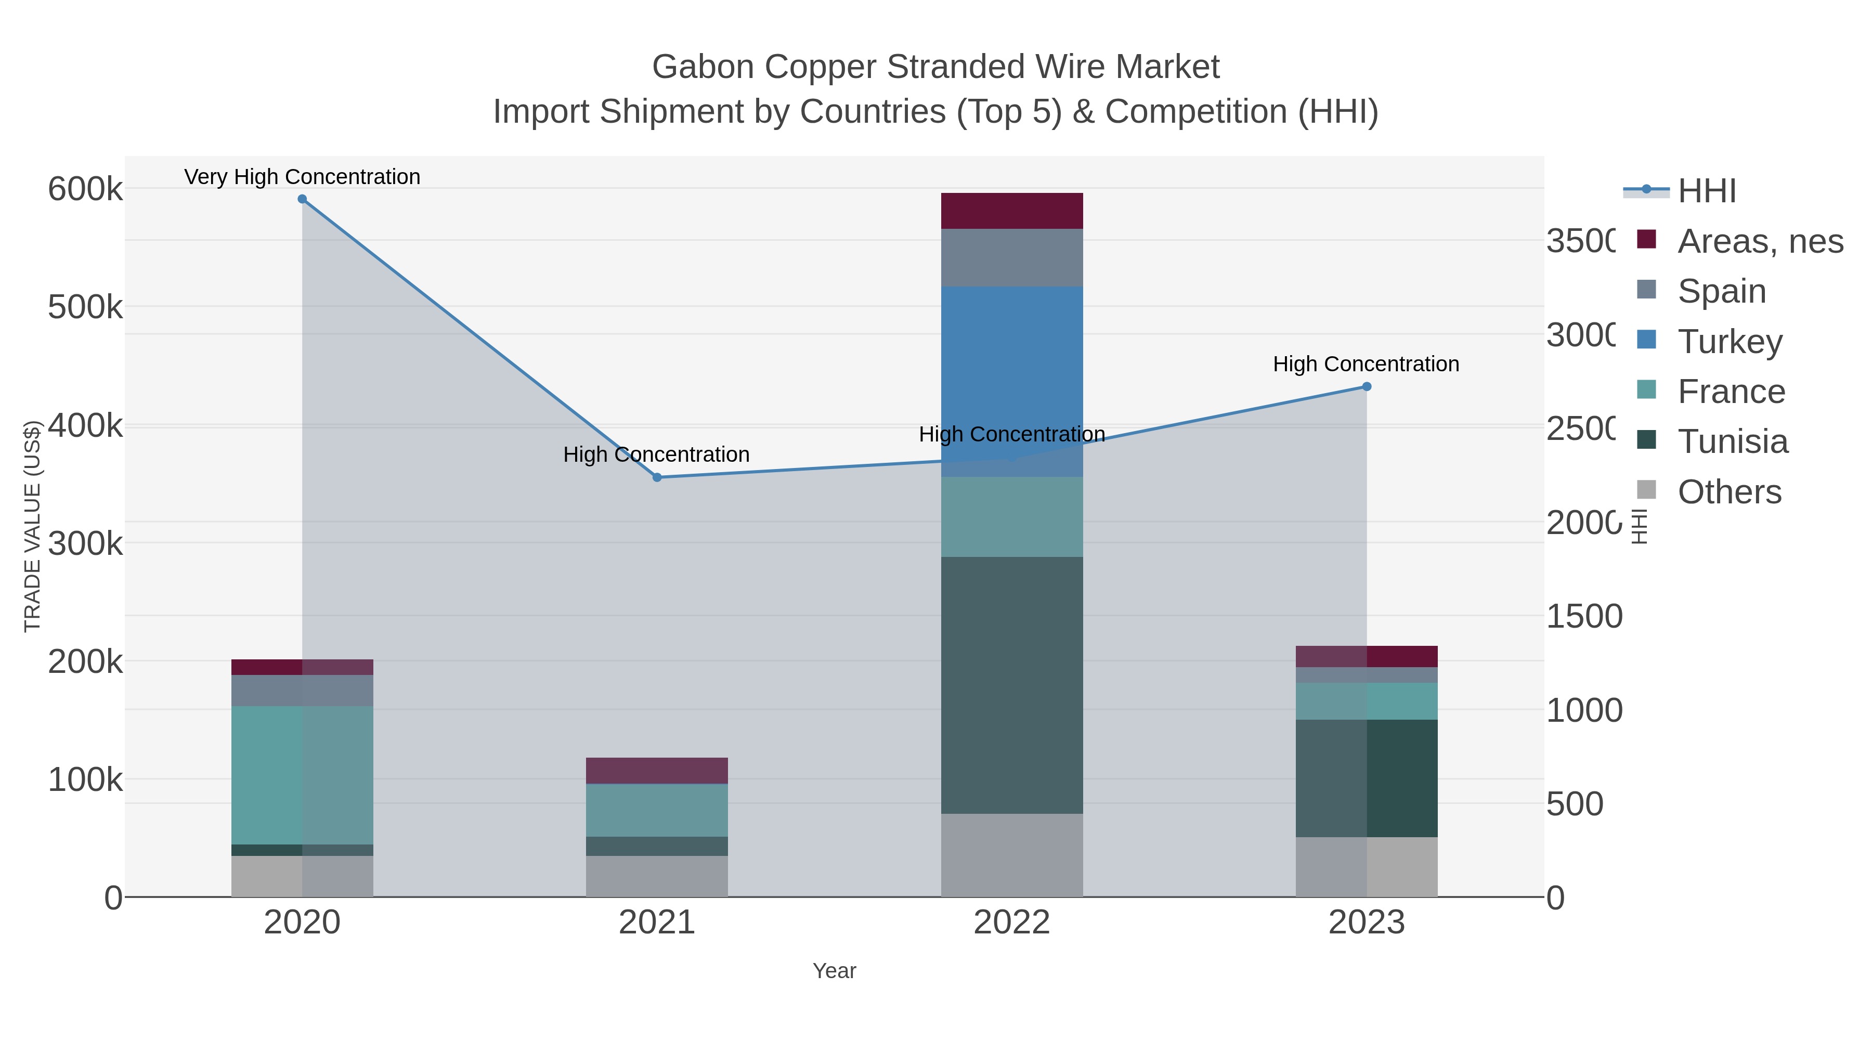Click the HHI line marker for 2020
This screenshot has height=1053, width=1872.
point(302,199)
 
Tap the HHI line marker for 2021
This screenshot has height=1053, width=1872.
point(657,477)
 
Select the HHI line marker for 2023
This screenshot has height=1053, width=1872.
point(1366,386)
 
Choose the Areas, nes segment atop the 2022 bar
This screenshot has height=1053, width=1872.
point(1011,211)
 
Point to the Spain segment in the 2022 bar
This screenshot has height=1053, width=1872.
point(1011,257)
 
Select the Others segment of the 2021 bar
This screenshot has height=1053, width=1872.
point(657,876)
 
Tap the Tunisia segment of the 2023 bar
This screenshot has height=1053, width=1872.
point(1366,777)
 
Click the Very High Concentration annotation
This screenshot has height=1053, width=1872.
point(302,177)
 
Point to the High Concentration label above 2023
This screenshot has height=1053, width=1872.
point(1366,364)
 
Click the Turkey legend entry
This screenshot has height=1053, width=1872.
point(1730,341)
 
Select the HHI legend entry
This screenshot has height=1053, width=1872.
point(1706,190)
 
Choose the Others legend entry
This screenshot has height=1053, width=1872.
point(1729,492)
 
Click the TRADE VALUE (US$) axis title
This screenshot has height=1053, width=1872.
point(33,526)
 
